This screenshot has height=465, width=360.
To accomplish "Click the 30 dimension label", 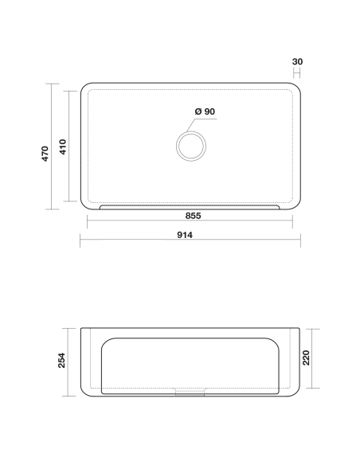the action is coord(297,61).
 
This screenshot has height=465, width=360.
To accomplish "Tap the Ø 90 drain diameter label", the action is coord(205,111).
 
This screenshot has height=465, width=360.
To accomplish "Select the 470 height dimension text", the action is coord(45,154).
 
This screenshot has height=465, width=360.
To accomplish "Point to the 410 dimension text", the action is coord(63,147).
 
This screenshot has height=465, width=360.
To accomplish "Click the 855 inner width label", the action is coord(193,216).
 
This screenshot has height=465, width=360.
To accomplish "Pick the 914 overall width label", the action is coord(185,235).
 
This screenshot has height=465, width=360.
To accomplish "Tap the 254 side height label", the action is coord(61,361).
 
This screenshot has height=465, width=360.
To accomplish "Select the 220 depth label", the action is coord(307,358).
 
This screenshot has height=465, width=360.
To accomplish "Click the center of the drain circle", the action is coord(191,147).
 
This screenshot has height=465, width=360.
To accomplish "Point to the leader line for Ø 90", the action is coord(202,125).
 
